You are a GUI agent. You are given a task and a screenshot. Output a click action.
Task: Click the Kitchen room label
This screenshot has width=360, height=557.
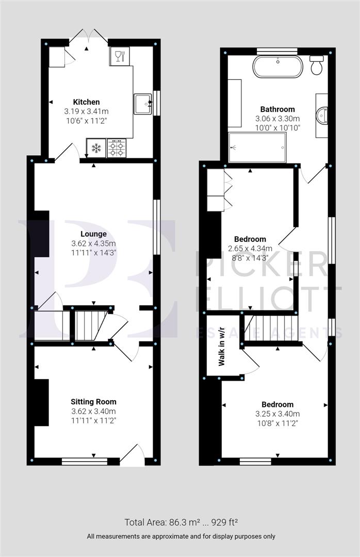click(x=86, y=102)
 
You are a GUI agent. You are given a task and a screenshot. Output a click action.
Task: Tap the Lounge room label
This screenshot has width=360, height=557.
click(x=93, y=234)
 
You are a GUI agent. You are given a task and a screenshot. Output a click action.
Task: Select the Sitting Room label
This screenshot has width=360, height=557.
click(x=93, y=402)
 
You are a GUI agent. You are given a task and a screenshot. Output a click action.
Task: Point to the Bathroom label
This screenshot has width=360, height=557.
click(x=277, y=109)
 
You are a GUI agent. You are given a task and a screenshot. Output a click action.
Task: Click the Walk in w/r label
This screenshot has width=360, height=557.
click(x=222, y=353)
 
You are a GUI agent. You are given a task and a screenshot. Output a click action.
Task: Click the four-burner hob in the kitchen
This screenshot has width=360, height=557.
click(x=117, y=149)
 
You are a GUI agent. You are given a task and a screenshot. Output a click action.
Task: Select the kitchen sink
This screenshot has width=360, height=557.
click(x=143, y=104)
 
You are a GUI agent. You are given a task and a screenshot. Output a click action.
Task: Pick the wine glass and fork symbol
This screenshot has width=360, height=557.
click(x=119, y=56)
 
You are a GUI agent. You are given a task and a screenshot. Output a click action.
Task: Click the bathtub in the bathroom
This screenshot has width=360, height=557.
click(x=277, y=67)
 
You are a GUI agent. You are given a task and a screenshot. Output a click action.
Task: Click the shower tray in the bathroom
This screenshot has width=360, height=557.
click(x=257, y=147)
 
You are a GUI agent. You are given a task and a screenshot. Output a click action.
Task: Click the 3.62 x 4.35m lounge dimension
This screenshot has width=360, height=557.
click(x=93, y=243)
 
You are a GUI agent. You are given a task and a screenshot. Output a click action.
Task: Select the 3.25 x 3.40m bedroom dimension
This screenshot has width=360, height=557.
click(x=277, y=414)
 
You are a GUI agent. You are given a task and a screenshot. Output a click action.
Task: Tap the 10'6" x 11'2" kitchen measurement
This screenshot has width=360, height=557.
click(x=86, y=121)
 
